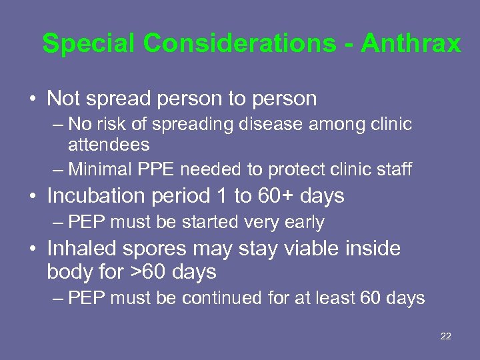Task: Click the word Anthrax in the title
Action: click(x=411, y=44)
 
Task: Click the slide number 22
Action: click(x=446, y=336)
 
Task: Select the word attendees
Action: click(x=109, y=144)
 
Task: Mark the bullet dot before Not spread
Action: click(x=32, y=99)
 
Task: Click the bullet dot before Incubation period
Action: click(x=32, y=197)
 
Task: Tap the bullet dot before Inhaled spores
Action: click(x=32, y=249)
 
